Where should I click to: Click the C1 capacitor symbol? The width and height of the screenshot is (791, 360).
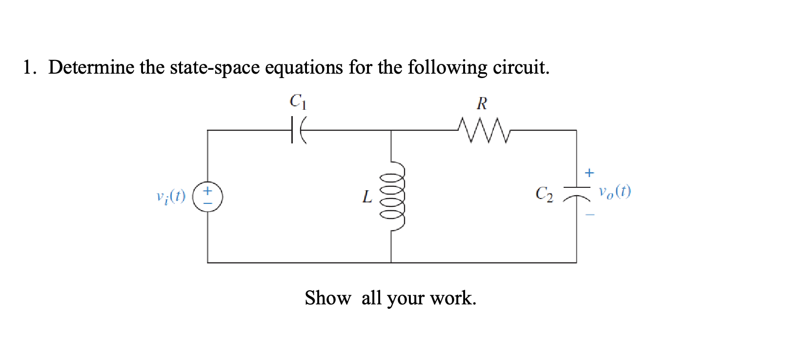point(297,130)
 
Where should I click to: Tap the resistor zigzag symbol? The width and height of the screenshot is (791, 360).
point(483,130)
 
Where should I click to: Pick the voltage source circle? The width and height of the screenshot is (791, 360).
point(207,197)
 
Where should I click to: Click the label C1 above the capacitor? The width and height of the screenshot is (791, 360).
point(298,101)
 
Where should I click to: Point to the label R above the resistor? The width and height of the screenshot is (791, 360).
point(482,103)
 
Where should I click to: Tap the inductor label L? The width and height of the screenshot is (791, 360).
point(367,197)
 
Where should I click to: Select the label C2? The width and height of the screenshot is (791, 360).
point(544,194)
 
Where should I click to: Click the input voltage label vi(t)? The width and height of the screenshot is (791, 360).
point(171,196)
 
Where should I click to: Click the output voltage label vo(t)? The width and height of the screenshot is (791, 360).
point(615,191)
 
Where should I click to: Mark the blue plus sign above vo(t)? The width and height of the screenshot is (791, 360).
point(589,173)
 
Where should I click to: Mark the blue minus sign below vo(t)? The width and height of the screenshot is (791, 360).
point(589,214)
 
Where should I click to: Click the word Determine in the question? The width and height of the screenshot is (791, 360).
point(91,67)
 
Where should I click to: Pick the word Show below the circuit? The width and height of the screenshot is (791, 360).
point(327,298)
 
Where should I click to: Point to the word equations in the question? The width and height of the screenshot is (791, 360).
point(304,67)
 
